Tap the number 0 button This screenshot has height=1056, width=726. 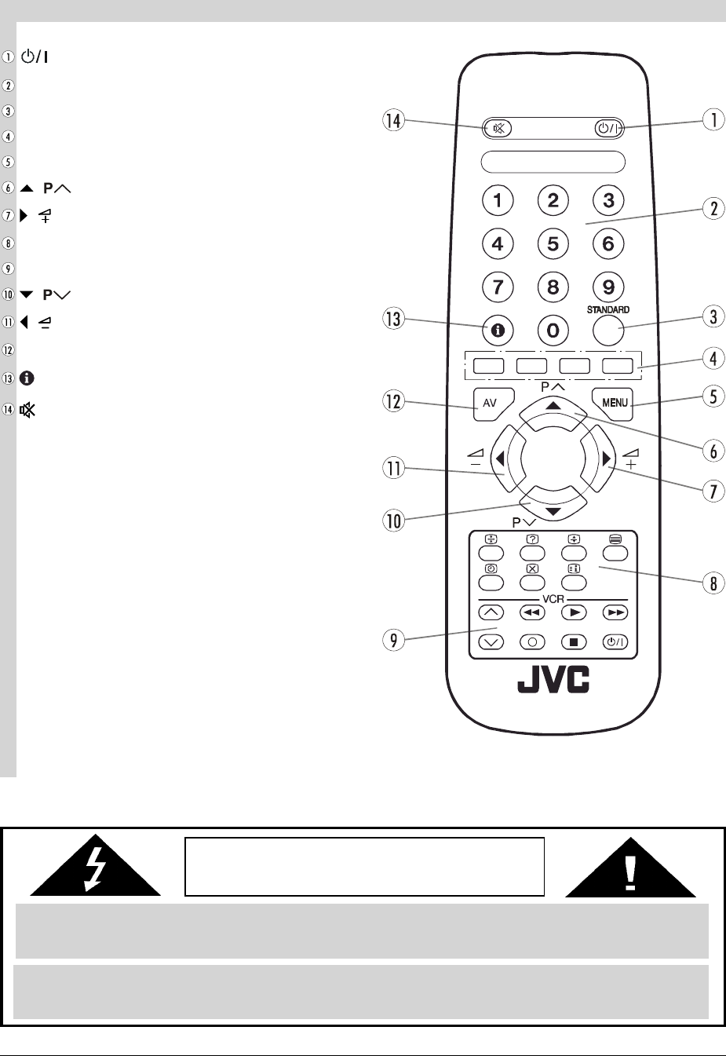tap(553, 331)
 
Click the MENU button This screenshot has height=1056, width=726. tap(614, 402)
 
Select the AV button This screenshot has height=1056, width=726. tap(491, 403)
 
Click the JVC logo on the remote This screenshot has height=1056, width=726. tap(553, 681)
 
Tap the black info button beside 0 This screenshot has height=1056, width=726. tap(498, 331)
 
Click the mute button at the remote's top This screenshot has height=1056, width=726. tap(498, 129)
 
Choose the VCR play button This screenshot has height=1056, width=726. tap(575, 612)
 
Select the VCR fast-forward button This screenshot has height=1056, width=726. tap(616, 612)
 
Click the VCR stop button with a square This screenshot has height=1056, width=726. tap(575, 641)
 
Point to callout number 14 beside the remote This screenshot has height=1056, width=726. tap(393, 120)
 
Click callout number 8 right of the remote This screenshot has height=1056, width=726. tap(713, 584)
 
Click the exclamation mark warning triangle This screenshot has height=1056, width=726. tap(630, 867)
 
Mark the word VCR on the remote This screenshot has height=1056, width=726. tap(553, 599)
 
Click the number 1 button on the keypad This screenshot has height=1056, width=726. tap(498, 200)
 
